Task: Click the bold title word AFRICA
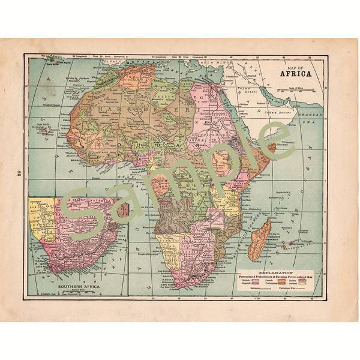pos(295,74)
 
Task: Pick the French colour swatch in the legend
pos(281,280)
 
